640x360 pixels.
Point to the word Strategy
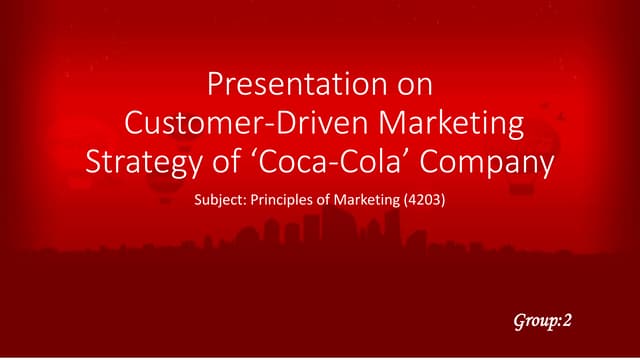tap(145, 162)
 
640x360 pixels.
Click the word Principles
tap(288, 201)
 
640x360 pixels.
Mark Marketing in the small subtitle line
tap(376, 201)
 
